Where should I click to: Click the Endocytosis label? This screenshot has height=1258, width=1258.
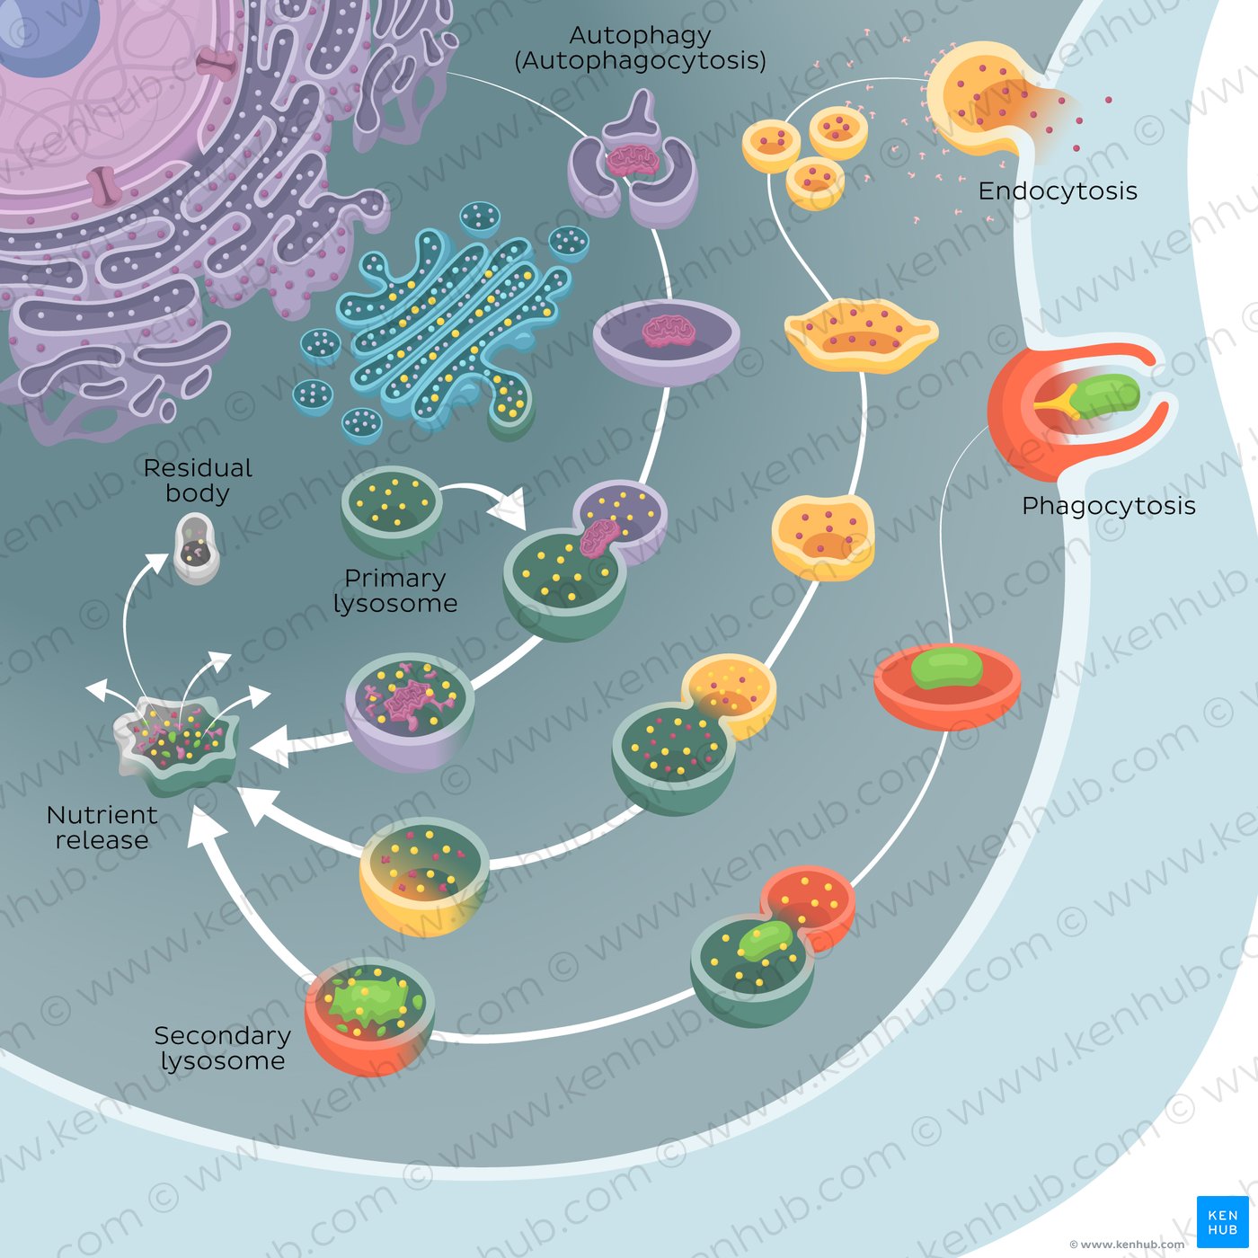1058,190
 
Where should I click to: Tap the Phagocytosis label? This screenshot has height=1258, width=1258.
1108,506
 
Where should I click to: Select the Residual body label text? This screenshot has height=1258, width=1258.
198,481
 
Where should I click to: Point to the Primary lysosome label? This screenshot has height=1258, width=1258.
395,590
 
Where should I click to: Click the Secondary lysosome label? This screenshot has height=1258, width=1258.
222,1049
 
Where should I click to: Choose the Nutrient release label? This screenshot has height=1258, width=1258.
102,828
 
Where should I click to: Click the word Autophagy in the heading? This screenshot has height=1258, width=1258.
640,36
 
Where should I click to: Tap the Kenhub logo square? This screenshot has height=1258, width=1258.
1222,1221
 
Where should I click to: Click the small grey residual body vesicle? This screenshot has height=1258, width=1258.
197,547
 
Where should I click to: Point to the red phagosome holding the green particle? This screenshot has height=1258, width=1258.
947,683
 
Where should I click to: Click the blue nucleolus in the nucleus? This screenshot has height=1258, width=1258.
49,31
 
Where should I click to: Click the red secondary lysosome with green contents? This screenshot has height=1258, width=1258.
369,1015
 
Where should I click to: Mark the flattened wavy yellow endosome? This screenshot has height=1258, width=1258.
861,334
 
